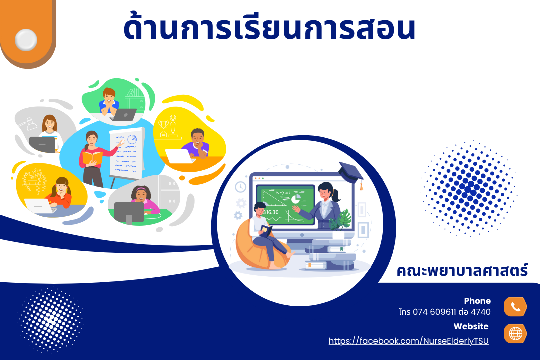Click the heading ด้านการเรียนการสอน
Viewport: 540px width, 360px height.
[x=269, y=27]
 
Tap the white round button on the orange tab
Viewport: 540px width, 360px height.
[x=26, y=40]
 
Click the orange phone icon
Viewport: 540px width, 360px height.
[x=515, y=306]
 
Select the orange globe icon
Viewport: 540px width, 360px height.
[x=515, y=333]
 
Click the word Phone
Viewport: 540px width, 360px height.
[x=477, y=301]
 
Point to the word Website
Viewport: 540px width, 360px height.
[x=471, y=326]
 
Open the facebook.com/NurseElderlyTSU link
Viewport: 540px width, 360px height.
[x=409, y=341]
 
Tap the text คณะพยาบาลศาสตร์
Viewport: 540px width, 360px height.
[x=462, y=271]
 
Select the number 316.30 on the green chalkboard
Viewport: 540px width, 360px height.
[x=271, y=212]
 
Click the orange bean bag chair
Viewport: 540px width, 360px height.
[x=260, y=246]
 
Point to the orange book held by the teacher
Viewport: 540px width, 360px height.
[x=92, y=158]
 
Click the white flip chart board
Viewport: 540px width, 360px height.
[x=127, y=154]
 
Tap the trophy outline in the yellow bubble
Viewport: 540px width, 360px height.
[x=163, y=128]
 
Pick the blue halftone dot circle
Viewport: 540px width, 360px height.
[x=469, y=188]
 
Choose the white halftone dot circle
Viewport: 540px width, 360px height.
[x=51, y=320]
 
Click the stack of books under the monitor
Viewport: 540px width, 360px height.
[x=330, y=255]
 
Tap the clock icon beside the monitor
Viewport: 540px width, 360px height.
[x=240, y=187]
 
